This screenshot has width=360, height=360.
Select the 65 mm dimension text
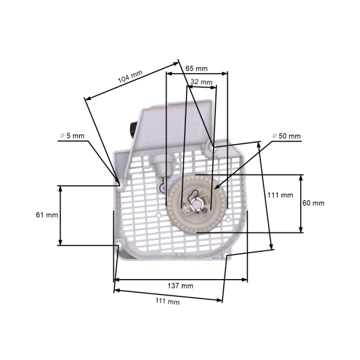(197, 68)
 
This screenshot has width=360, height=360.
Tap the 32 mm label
(202, 82)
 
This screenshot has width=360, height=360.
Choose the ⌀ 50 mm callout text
(286, 136)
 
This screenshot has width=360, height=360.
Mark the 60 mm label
(313, 203)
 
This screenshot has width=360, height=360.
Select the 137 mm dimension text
(181, 286)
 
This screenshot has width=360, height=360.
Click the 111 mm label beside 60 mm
(280, 195)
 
